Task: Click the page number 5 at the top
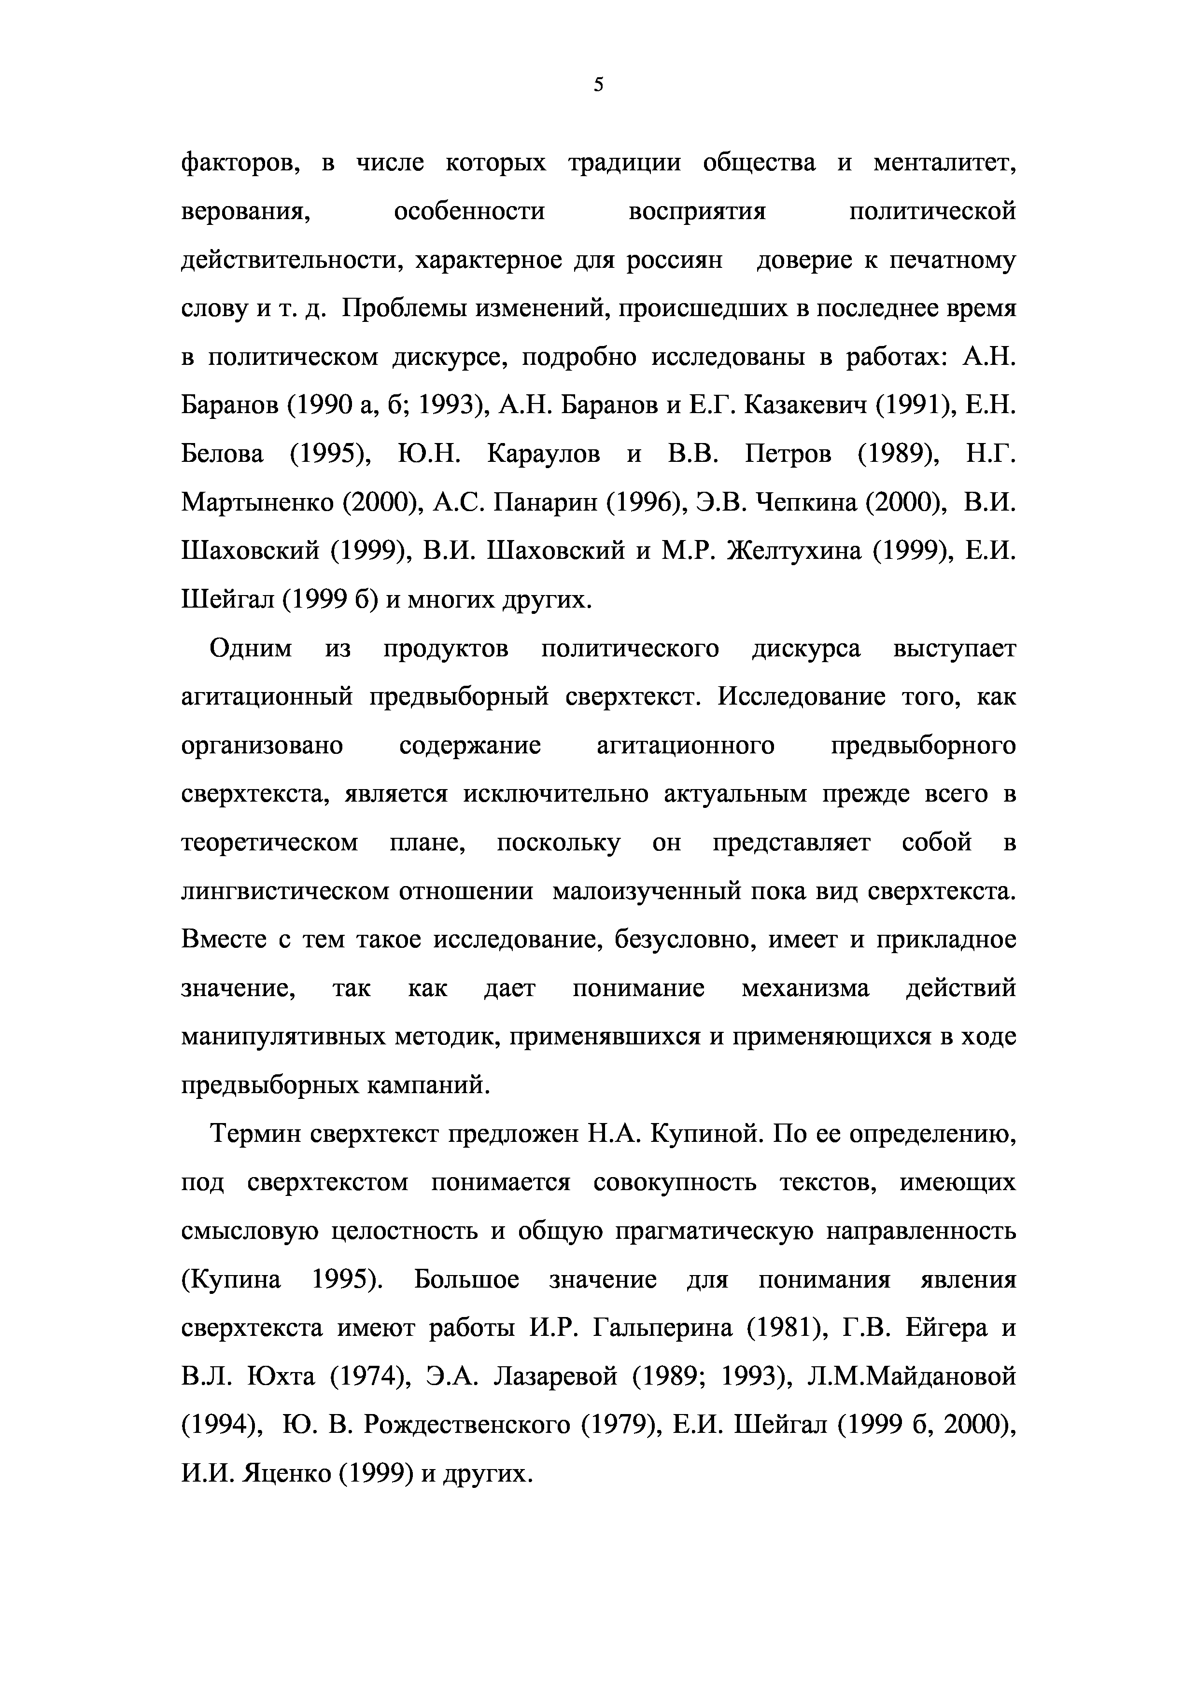598,85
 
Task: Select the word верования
244,212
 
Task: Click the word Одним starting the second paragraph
251,648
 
